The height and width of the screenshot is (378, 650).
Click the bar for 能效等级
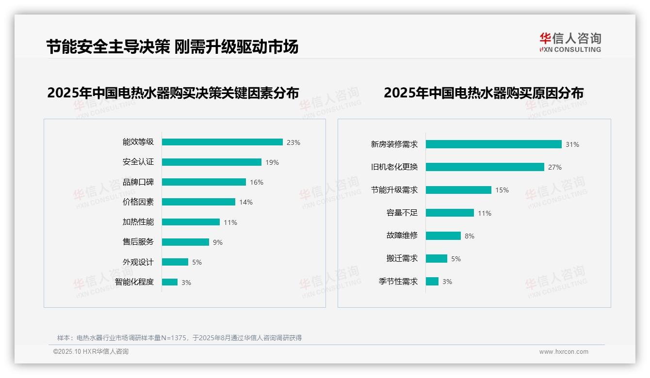(x=222, y=142)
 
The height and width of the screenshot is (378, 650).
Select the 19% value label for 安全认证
(x=272, y=162)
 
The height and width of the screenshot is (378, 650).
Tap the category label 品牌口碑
(x=138, y=182)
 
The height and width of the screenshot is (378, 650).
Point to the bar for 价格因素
(x=198, y=202)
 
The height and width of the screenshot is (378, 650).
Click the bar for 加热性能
(x=191, y=222)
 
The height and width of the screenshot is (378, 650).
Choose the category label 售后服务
(x=138, y=242)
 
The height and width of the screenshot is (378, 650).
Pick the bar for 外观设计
(x=175, y=262)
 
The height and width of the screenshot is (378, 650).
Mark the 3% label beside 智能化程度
(x=186, y=283)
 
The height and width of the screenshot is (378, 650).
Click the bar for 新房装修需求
(x=494, y=144)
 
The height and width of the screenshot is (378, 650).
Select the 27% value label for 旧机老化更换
(x=555, y=167)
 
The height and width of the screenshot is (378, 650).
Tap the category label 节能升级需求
(x=394, y=190)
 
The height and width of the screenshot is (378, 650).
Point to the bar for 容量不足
(x=450, y=213)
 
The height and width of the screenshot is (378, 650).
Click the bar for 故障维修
(x=443, y=236)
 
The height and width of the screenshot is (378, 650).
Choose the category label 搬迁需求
(x=402, y=258)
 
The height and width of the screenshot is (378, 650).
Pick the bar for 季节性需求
(x=432, y=281)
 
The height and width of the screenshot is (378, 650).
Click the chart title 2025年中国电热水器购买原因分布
(x=483, y=93)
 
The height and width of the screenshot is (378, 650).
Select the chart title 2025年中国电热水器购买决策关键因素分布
(x=173, y=93)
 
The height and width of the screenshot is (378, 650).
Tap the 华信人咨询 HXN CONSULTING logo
(x=570, y=43)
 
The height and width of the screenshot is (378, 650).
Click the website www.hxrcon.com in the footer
(x=564, y=352)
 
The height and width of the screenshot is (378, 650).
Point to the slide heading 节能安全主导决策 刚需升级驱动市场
(x=172, y=47)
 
